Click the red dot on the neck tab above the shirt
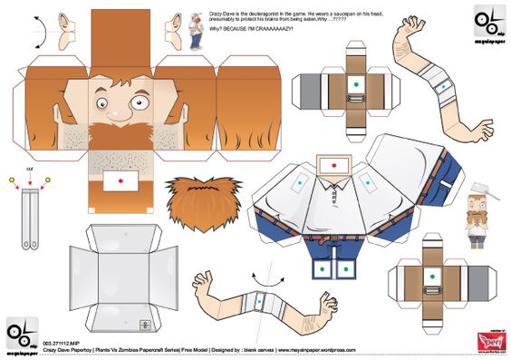coord(331,166)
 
